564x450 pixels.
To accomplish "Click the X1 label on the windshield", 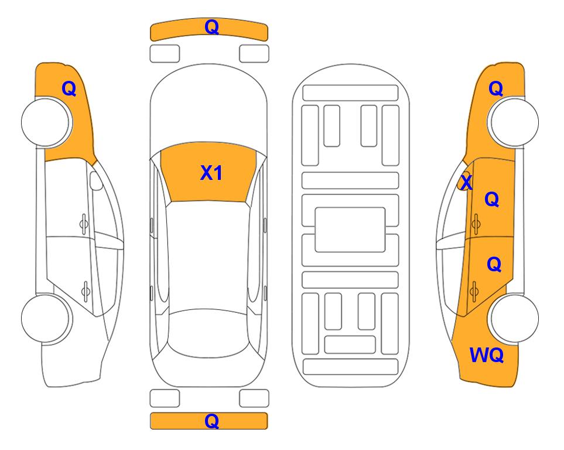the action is click(x=211, y=173).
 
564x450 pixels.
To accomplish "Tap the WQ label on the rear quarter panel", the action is click(x=487, y=355).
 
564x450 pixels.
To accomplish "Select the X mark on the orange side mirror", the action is click(x=466, y=182).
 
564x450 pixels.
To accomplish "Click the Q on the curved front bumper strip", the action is click(x=212, y=27).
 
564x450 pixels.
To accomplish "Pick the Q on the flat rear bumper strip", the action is click(x=212, y=421).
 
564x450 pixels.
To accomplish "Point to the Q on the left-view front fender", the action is click(x=69, y=88).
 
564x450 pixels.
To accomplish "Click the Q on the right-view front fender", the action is click(x=495, y=88).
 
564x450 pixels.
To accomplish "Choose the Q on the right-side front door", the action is click(x=492, y=199).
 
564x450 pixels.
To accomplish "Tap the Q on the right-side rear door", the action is click(x=494, y=264).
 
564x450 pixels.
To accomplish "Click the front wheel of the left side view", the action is click(x=45, y=122).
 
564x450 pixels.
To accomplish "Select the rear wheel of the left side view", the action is click(x=45, y=318).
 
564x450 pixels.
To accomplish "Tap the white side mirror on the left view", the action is click(x=96, y=180).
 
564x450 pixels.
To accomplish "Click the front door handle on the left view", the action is click(x=84, y=224).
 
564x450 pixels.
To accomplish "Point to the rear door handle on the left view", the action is click(x=86, y=291).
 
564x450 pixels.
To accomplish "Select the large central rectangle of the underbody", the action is click(x=350, y=230).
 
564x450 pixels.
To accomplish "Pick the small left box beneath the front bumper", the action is click(x=165, y=54).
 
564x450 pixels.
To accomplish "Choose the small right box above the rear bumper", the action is click(x=254, y=398).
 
